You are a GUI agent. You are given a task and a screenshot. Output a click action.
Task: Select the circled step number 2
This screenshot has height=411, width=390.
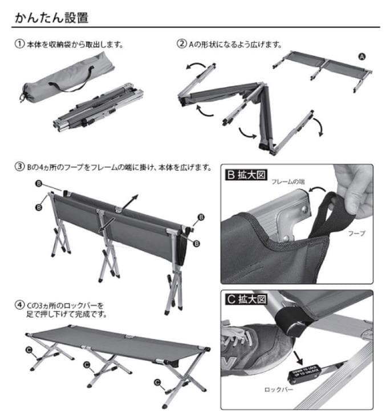point(182,44)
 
